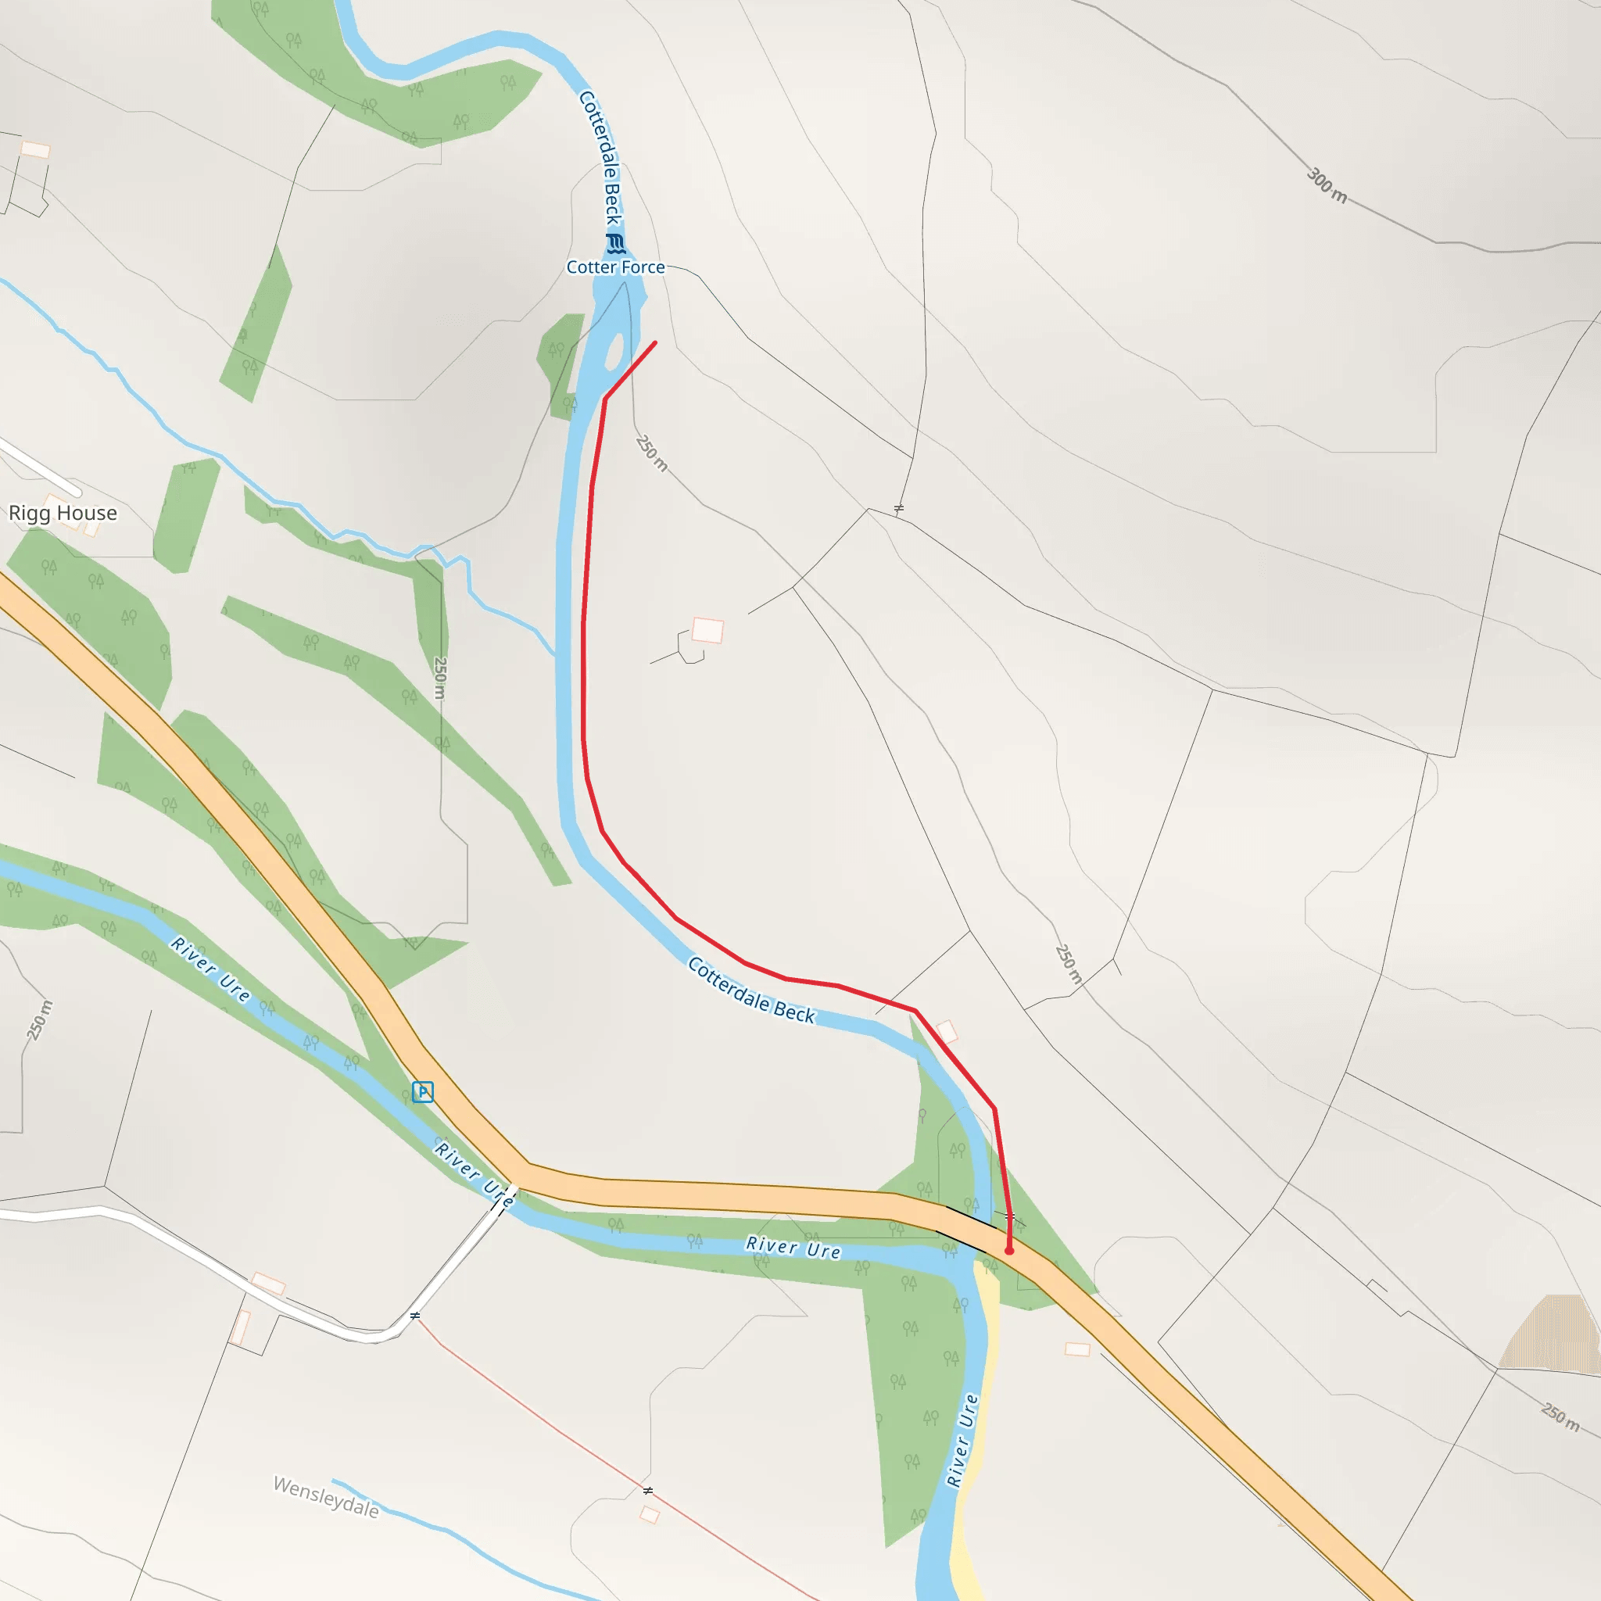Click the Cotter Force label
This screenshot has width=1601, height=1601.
[x=615, y=267]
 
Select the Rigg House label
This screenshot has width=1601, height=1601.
[x=63, y=513]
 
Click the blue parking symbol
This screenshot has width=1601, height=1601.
[x=423, y=1091]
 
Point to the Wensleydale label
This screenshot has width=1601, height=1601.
[x=327, y=1497]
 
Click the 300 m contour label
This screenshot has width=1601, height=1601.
[x=1327, y=184]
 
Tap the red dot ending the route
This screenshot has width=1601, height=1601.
[x=1008, y=1251]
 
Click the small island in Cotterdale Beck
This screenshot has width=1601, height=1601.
[x=615, y=353]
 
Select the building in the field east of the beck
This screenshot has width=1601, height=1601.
[x=707, y=630]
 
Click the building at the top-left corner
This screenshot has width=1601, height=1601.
[x=36, y=149]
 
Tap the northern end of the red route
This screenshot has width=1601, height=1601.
[x=655, y=342]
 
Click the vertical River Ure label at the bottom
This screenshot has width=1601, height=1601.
[x=962, y=1441]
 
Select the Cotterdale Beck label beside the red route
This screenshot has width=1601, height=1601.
[x=751, y=991]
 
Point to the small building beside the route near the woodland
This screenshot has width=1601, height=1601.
[x=947, y=1032]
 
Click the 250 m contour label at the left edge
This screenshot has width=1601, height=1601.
[x=39, y=1020]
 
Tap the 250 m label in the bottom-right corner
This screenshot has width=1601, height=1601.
[x=1560, y=1417]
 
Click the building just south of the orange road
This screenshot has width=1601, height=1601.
[x=1077, y=1350]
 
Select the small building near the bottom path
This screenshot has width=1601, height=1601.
[x=650, y=1515]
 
